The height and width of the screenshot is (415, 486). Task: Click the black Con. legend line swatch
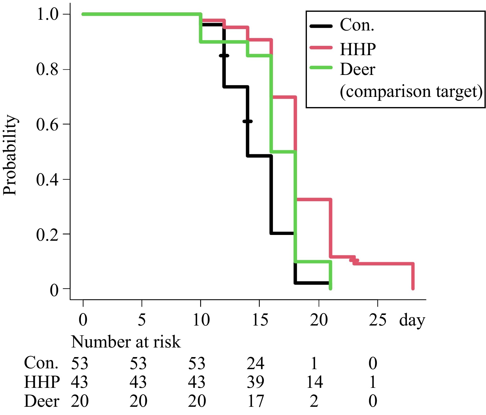click(321, 26)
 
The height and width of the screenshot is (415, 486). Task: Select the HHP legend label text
click(358, 49)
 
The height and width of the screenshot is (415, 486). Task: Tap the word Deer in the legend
click(357, 69)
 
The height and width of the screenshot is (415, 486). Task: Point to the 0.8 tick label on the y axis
click(47, 69)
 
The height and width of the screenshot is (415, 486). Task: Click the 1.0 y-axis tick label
click(47, 14)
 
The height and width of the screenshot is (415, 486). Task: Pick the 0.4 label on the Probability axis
click(47, 180)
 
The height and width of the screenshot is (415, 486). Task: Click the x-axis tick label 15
click(260, 320)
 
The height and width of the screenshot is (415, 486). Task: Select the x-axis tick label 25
click(377, 320)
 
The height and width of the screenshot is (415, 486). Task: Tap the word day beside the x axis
click(412, 321)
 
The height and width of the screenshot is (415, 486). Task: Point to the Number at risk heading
click(126, 342)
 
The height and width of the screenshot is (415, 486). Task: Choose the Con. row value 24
click(255, 363)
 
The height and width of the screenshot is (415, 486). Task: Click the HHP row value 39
click(255, 382)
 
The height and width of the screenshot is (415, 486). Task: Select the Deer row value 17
click(255, 401)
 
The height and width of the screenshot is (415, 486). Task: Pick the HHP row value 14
click(314, 382)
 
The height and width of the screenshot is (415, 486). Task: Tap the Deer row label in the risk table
click(42, 401)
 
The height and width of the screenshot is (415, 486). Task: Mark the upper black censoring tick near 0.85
click(224, 56)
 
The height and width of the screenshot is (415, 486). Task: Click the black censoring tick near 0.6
click(247, 121)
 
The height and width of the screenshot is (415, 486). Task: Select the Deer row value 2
click(314, 401)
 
